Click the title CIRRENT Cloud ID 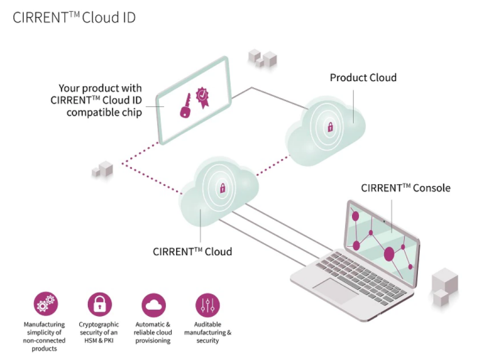pos(74,18)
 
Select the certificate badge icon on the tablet pos(202,96)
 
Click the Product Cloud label pos(363,77)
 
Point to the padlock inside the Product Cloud pos(330,128)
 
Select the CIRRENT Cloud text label pos(192,251)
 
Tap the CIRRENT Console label pos(405,188)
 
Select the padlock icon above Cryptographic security pos(99,305)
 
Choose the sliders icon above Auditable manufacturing pos(207,305)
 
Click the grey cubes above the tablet pos(262,58)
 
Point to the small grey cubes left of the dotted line pos(102,168)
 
